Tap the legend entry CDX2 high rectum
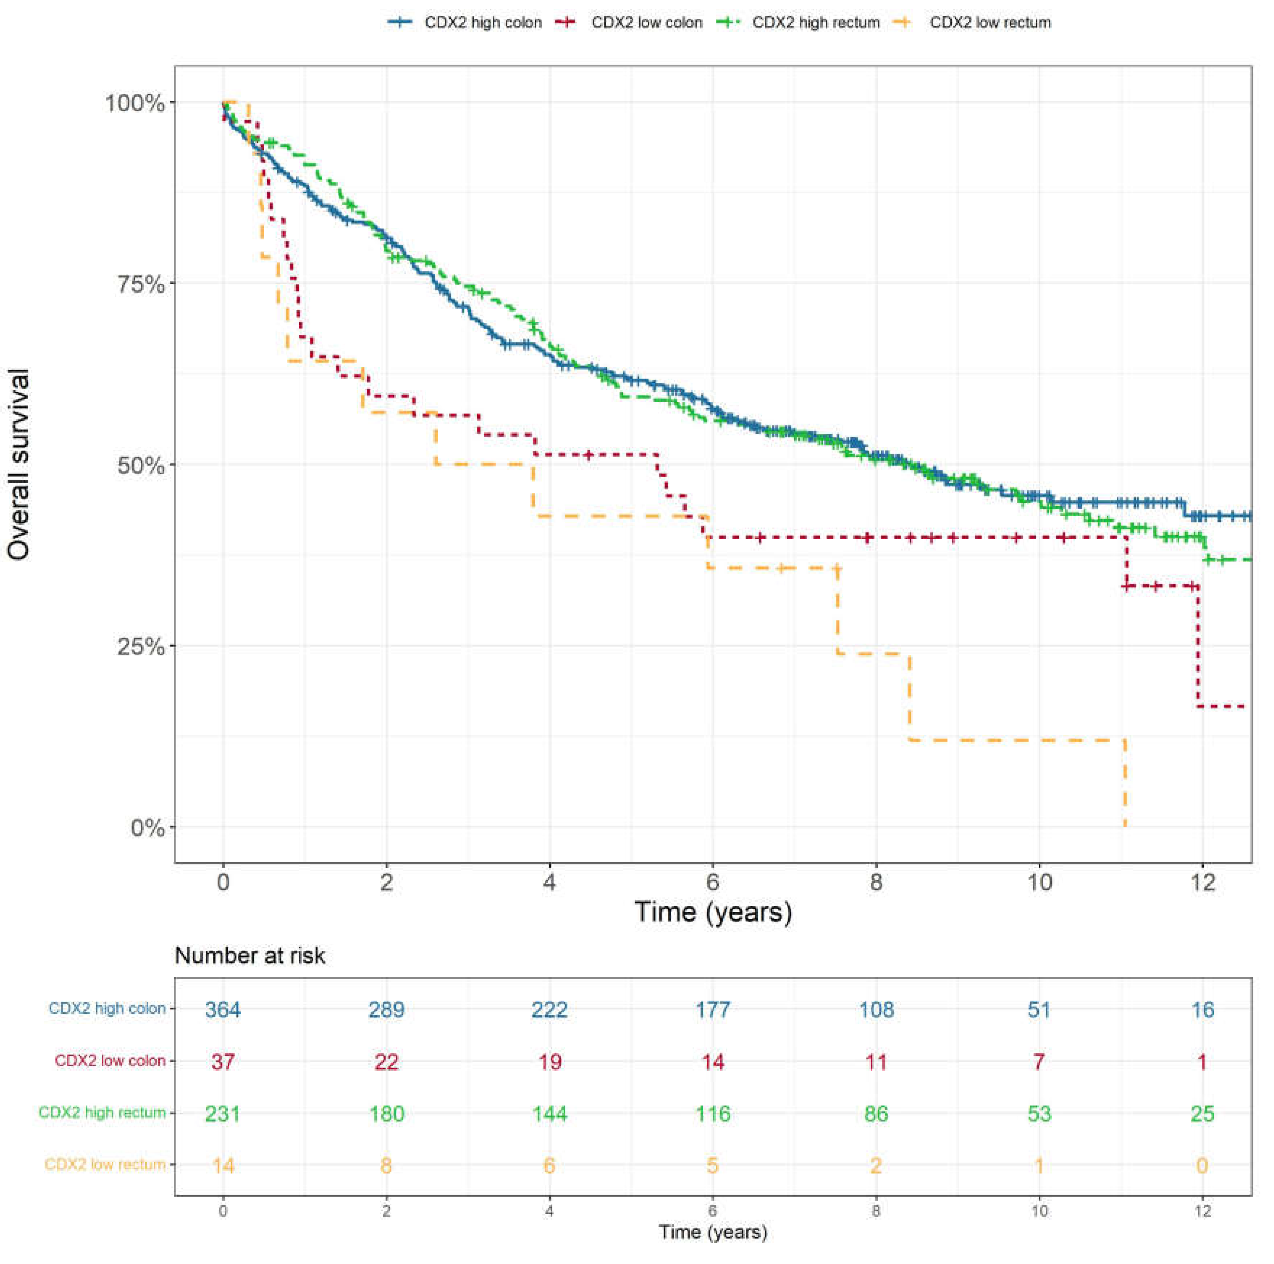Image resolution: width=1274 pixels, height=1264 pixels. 816,22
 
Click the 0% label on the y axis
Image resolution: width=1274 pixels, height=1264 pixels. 146,827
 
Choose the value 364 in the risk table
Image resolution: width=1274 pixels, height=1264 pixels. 223,1009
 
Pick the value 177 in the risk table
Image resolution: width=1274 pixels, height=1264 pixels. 712,1009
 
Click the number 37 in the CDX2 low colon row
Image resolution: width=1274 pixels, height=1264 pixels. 223,1062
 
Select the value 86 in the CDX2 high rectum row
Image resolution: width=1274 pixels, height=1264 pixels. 876,1114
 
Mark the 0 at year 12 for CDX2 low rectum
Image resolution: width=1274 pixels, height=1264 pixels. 1202,1166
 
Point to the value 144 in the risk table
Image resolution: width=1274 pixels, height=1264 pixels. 549,1114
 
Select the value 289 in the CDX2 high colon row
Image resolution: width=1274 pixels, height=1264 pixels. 386,1009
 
